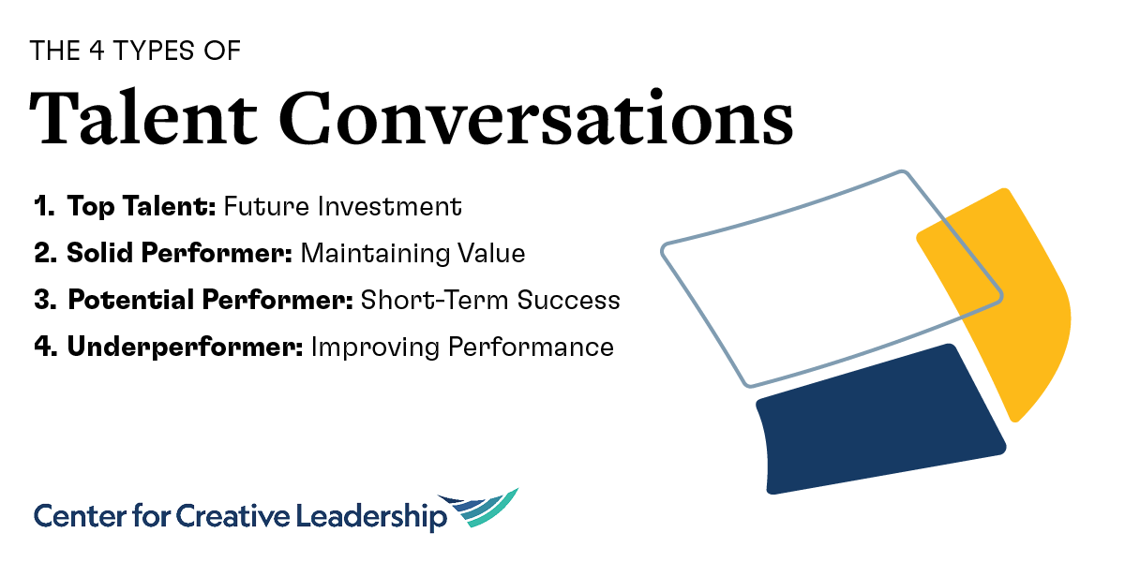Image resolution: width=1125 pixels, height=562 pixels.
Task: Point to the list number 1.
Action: click(x=43, y=207)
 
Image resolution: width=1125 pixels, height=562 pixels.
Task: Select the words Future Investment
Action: click(x=342, y=207)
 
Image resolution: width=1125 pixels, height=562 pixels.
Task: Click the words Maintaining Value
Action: click(x=412, y=254)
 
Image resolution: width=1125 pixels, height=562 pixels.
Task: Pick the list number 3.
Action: click(x=43, y=301)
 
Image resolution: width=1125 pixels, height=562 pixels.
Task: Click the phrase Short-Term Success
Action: click(x=490, y=301)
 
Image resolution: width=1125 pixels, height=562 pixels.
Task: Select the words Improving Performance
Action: click(x=462, y=348)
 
